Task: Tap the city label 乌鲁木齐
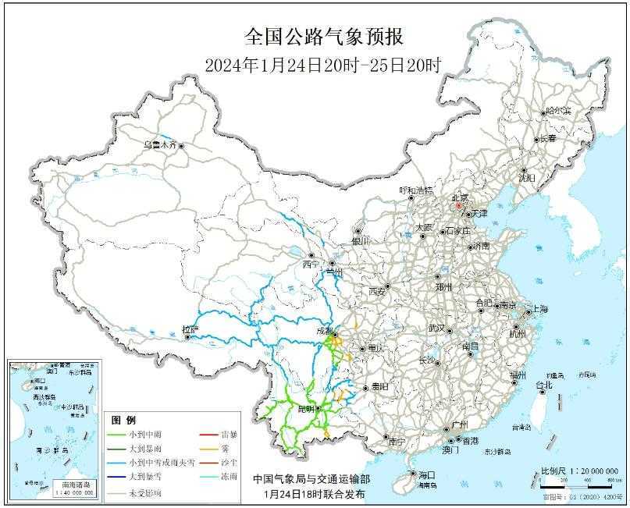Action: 159,145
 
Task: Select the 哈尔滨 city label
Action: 558,111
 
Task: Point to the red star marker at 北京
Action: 459,207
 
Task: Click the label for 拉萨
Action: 190,329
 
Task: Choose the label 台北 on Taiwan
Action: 543,385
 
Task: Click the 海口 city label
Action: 425,474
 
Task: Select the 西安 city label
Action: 377,291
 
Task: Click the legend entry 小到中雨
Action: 148,435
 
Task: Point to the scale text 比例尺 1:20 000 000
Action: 579,471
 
